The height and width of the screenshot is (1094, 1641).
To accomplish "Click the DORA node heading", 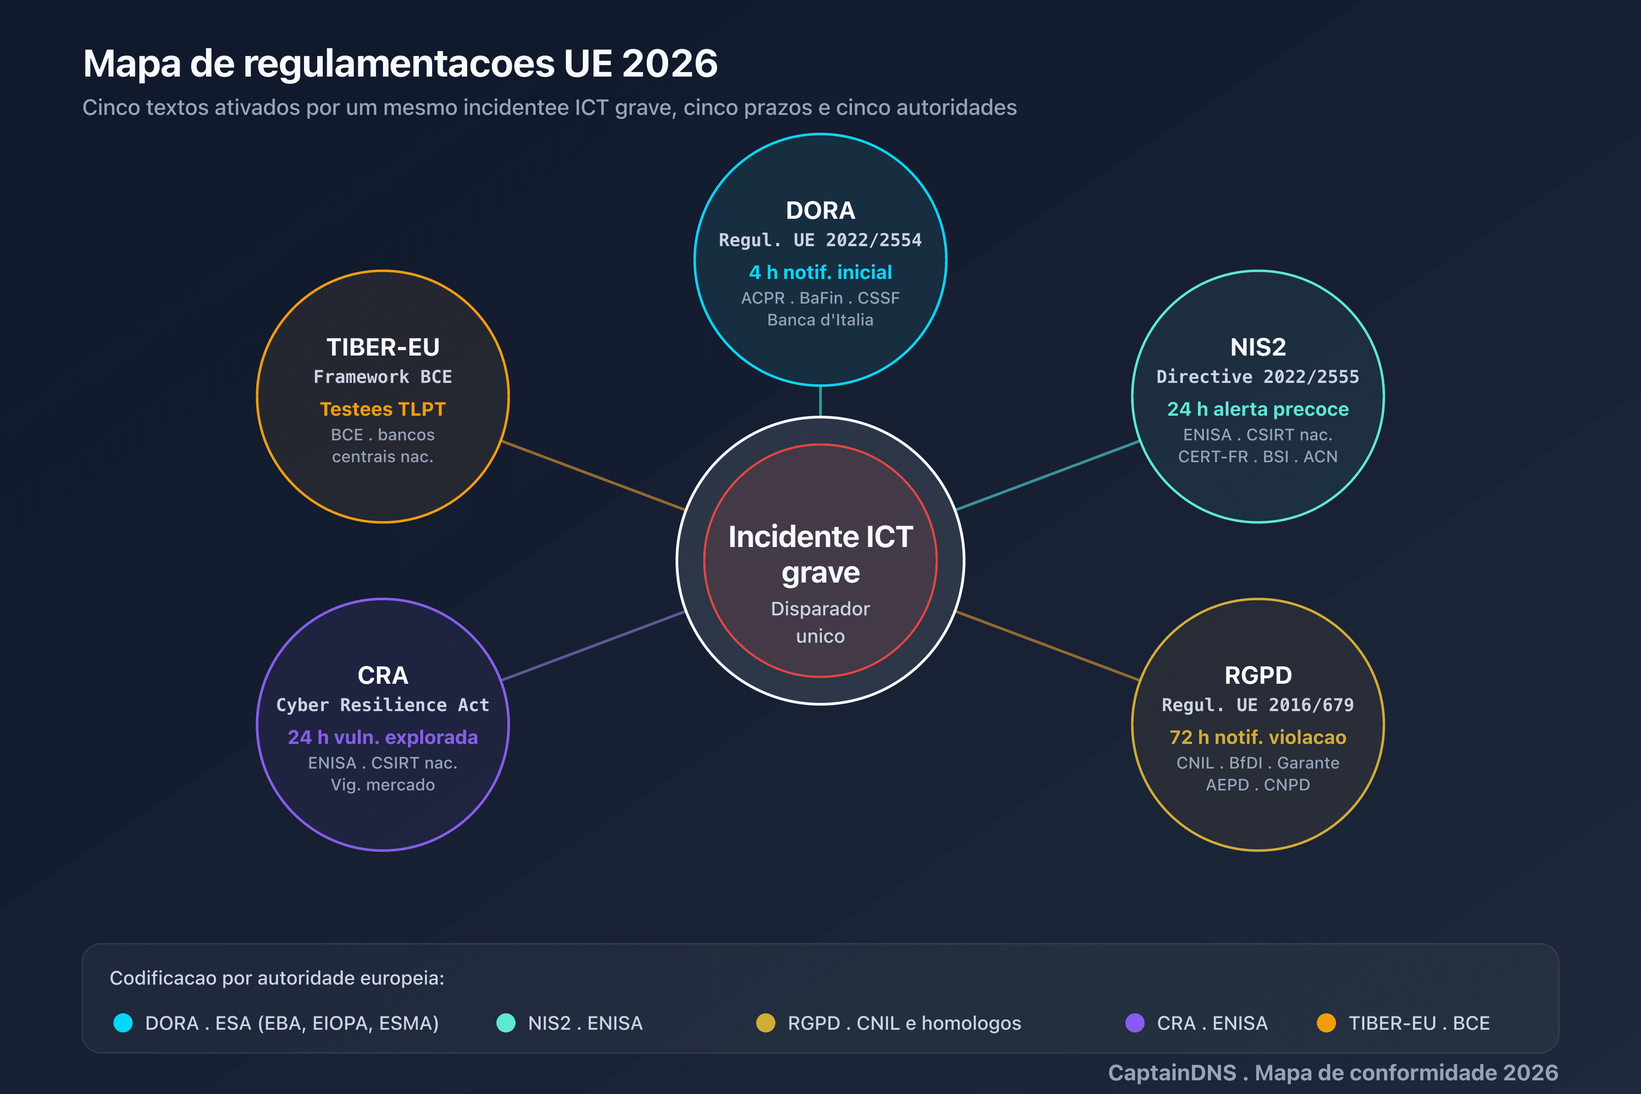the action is (820, 210).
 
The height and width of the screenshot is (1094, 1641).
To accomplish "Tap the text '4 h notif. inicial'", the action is (820, 272).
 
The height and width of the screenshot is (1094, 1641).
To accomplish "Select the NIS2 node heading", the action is (1258, 347).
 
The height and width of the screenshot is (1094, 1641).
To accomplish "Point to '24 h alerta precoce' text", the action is (1258, 409).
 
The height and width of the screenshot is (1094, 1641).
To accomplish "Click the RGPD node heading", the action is (1258, 675).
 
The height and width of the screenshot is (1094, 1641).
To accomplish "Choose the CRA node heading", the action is (383, 675).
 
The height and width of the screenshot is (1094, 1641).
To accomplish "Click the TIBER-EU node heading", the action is (383, 347).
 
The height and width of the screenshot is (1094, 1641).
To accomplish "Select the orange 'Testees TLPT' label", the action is (383, 409).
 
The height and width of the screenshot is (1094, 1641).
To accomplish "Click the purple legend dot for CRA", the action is (1135, 1023).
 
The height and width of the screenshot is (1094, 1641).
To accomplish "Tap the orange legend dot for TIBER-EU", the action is (1326, 1023).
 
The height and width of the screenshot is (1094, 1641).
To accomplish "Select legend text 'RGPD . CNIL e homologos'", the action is (904, 1023).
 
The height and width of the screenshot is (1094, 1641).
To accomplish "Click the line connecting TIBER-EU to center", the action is (593, 475).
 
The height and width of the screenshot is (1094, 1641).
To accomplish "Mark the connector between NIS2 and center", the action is (1048, 475).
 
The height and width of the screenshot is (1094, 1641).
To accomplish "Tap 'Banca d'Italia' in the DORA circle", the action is (820, 320).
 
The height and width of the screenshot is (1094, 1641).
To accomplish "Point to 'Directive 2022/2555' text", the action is (1258, 377).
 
